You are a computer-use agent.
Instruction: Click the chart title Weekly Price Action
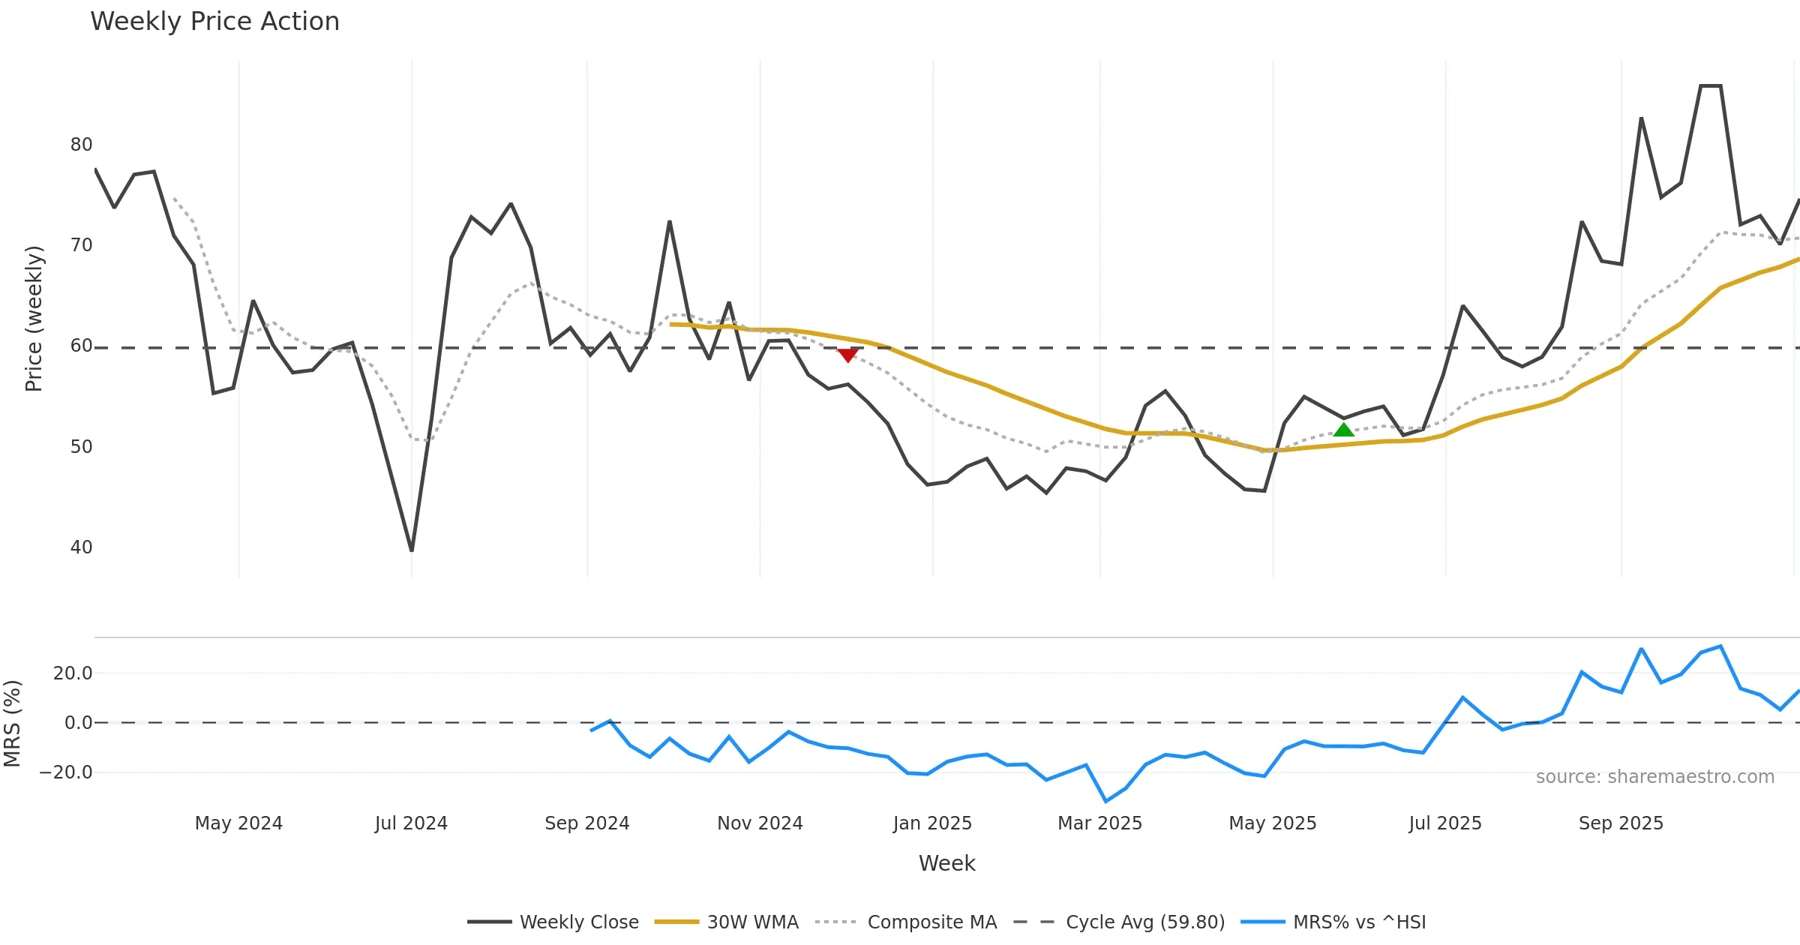214,22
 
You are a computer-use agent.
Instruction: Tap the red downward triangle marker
847,355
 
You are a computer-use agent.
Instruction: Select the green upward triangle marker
1343,430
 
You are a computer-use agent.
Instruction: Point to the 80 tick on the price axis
81,145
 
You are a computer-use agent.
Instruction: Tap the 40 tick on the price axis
81,547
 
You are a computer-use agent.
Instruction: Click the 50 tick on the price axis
81,447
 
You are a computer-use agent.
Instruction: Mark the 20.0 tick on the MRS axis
73,673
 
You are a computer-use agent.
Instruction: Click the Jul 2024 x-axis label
411,823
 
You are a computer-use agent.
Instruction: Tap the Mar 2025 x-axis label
1099,823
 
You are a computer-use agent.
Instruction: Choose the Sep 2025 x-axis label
1621,823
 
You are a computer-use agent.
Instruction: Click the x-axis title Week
946,863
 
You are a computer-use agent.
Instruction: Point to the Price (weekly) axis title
34,319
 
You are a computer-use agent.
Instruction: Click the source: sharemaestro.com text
1654,777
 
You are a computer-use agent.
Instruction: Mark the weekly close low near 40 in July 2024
412,550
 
